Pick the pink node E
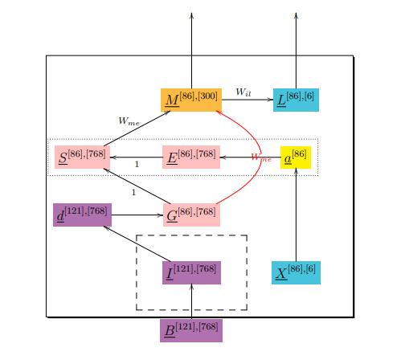[191, 156]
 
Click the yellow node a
[296, 156]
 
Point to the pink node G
[191, 215]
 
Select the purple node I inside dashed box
[191, 272]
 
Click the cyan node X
[296, 272]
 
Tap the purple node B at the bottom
[191, 330]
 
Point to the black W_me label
[129, 121]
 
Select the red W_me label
[261, 158]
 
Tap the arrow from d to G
[137, 215]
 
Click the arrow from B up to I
[191, 301]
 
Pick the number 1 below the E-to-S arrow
[137, 164]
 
